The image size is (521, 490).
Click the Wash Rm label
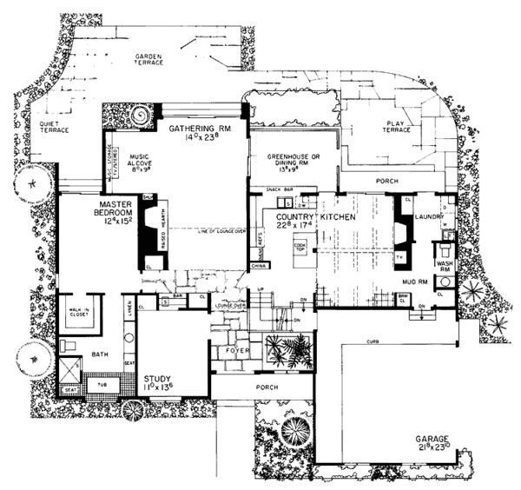coord(444,266)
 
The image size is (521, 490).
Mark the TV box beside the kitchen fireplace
coord(399,258)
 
